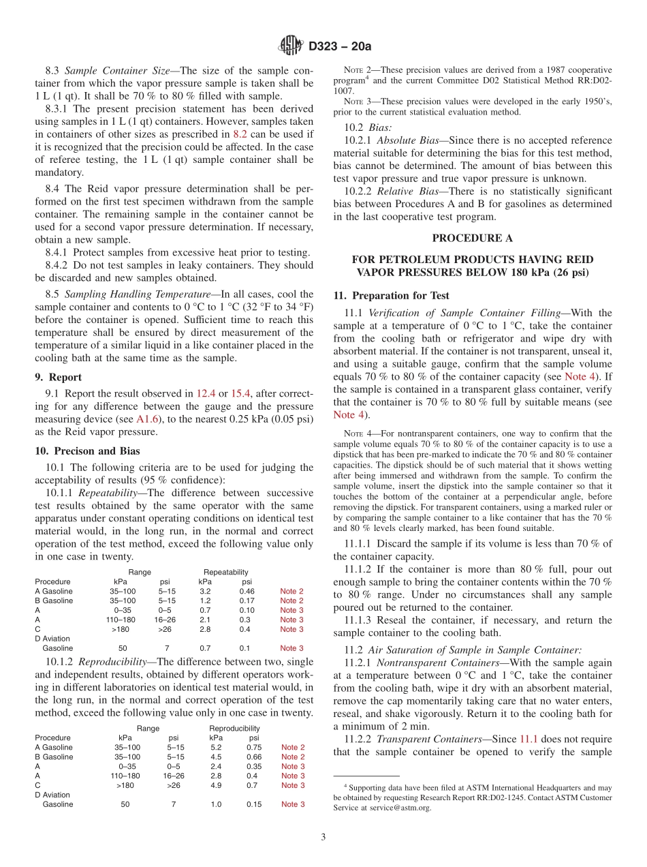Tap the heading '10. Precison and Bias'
(87, 451)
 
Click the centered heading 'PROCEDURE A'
(472, 238)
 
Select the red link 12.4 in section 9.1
(206, 393)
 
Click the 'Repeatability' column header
(225, 572)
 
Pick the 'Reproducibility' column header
(234, 728)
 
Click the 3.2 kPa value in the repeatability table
(204, 591)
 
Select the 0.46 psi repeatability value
(247, 591)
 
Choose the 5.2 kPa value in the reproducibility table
(215, 747)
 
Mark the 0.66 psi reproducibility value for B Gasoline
(254, 757)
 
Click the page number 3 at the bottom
(323, 836)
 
